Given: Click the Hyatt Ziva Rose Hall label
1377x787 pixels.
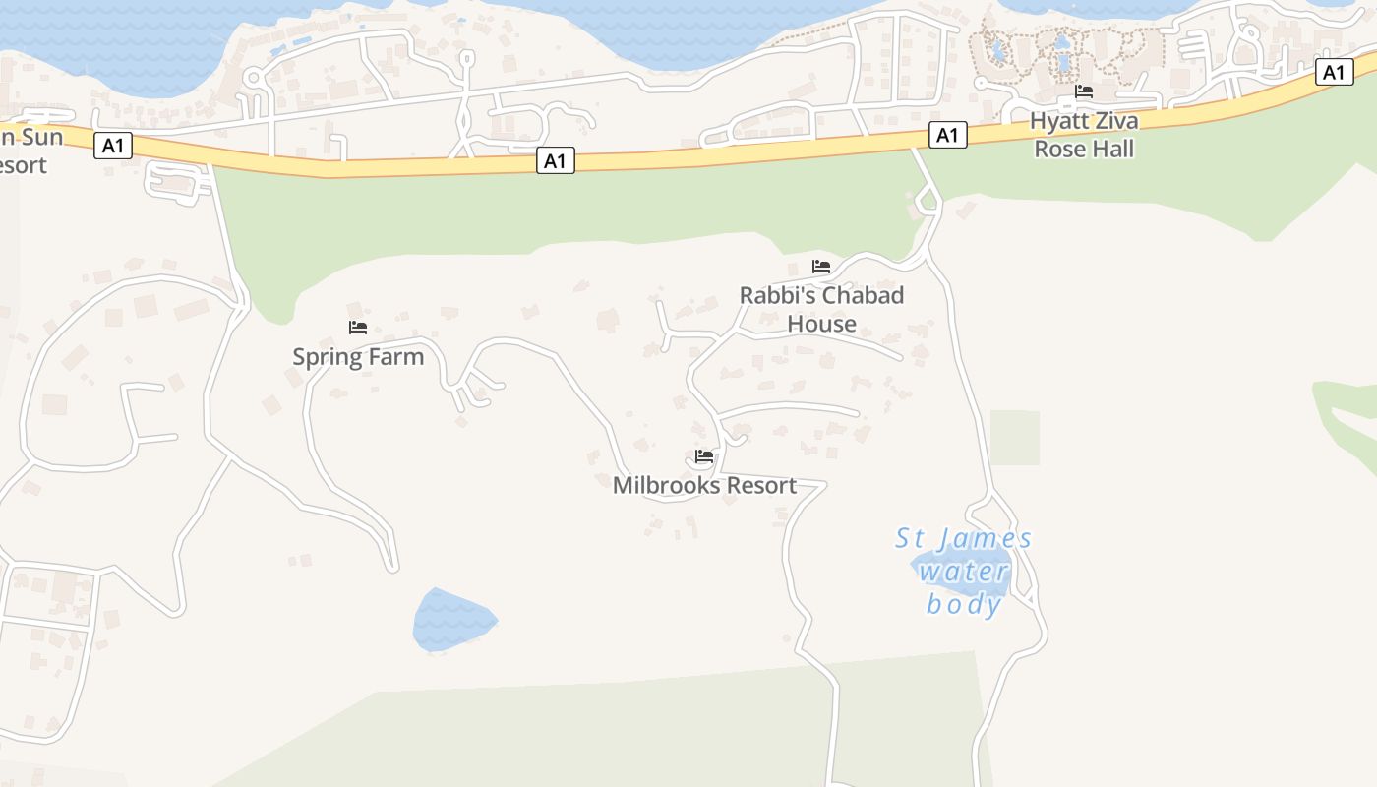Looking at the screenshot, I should tap(1084, 135).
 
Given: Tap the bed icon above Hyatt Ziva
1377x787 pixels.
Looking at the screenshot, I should tap(1084, 91).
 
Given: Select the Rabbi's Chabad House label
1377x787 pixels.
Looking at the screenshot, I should tap(821, 309).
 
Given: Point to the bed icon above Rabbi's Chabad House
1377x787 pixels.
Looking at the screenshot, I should tap(821, 267).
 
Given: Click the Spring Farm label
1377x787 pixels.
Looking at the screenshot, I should tap(358, 356).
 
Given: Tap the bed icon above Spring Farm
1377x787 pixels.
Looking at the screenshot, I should tap(358, 327).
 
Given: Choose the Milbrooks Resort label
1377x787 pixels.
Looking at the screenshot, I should tap(704, 485).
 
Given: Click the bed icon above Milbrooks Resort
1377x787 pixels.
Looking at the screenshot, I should tap(704, 456).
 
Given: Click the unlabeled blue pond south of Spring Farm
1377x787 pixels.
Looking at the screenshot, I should tap(452, 620).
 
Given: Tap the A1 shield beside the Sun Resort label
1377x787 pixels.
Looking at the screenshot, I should tap(113, 147).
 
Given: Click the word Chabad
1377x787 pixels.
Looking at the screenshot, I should tap(862, 295).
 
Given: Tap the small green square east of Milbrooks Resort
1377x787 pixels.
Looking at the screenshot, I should tap(1014, 438).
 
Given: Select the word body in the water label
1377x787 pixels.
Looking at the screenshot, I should tap(964, 604).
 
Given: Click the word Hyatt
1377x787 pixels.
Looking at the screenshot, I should tap(1053, 121).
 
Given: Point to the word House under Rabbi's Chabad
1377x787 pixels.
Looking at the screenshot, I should tap(821, 324).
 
